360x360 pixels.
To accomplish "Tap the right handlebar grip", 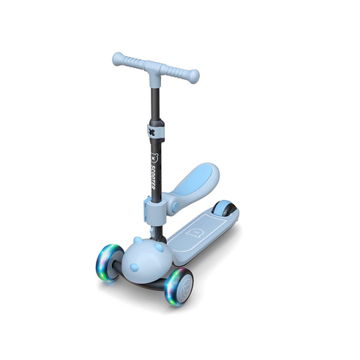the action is tap(181, 73).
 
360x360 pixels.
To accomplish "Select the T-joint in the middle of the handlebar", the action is tap(155, 73).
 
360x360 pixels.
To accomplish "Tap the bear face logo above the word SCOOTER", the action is tap(154, 158).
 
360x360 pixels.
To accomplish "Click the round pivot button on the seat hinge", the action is tap(176, 207).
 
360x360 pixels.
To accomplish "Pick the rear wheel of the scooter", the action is tap(225, 209).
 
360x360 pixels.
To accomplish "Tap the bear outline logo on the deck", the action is tap(195, 233).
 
